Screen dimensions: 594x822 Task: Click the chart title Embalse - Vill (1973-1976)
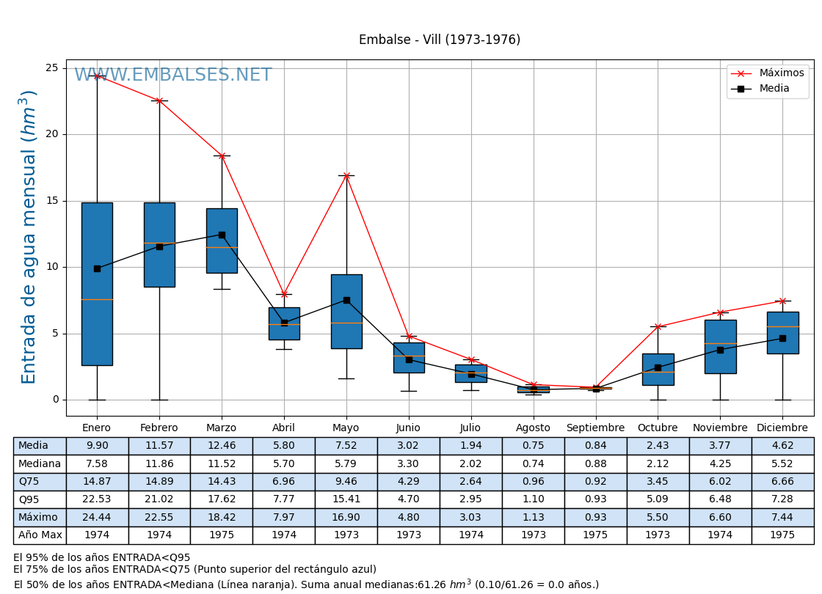[439, 40]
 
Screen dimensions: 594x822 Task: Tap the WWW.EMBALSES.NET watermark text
[172, 75]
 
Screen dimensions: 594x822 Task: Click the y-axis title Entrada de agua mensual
[29, 236]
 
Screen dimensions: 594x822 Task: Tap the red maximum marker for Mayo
[346, 175]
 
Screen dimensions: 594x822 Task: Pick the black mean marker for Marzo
[222, 235]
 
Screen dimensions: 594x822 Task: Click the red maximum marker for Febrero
[159, 100]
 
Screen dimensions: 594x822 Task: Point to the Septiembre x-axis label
[595, 428]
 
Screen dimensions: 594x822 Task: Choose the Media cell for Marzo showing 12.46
[222, 446]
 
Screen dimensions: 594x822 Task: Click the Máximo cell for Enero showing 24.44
[97, 518]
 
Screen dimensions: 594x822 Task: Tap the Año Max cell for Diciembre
[782, 535]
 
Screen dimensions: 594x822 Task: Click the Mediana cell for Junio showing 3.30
[409, 463]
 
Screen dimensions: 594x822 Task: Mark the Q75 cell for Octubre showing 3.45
[658, 482]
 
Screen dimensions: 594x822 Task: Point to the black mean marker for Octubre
[658, 367]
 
